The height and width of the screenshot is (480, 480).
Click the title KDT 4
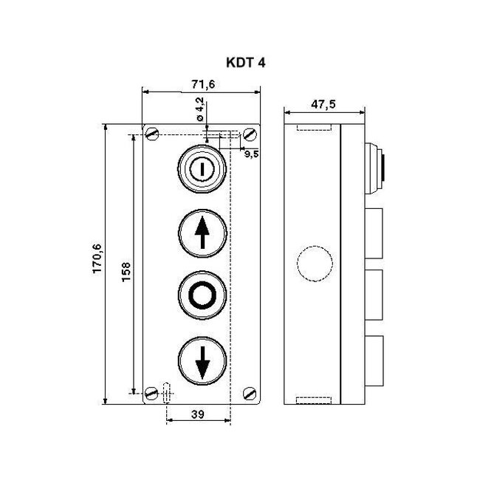[x=240, y=63]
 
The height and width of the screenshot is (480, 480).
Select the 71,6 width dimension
[x=201, y=85]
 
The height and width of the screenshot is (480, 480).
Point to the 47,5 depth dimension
[x=323, y=104]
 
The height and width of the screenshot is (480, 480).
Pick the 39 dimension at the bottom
[x=198, y=414]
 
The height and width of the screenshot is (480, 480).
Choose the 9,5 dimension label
[x=251, y=154]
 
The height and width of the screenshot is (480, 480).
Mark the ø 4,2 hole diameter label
[x=200, y=110]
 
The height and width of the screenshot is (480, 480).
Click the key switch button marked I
[x=202, y=170]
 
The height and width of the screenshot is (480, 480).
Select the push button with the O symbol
[x=202, y=295]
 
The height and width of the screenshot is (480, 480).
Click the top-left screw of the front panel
[x=153, y=134]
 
